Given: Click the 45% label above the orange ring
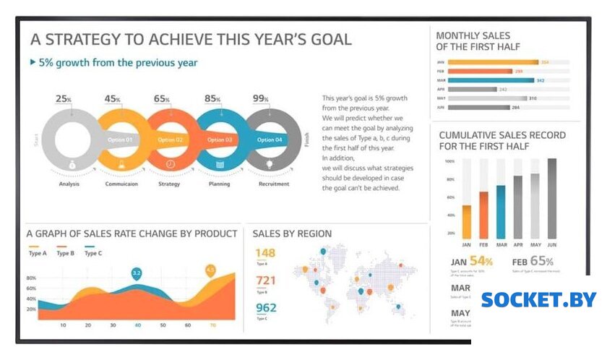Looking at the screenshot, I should tap(112, 99).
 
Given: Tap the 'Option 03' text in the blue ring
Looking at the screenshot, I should tap(220, 140).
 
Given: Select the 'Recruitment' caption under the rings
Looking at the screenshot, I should tap(273, 184).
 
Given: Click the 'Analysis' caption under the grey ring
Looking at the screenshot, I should tap(69, 184).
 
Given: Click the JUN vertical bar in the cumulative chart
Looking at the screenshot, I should tap(552, 198).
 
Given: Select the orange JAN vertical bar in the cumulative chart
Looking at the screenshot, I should tap(467, 221).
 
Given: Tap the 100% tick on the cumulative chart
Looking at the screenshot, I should tap(449, 161).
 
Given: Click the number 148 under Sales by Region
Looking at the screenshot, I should tap(265, 253).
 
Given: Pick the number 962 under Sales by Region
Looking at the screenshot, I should tap(265, 308).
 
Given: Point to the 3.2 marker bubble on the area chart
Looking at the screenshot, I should tap(136, 273).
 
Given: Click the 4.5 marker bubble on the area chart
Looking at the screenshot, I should tap(210, 270).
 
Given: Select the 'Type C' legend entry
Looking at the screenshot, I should tap(93, 253).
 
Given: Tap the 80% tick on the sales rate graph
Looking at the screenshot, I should tap(31, 278).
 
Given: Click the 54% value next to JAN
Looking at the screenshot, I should tap(481, 261).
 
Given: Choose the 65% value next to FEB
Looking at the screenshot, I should tap(542, 261).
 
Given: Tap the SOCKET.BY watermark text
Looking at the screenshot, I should tap(538, 299).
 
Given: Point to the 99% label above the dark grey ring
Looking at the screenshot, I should tap(261, 99).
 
